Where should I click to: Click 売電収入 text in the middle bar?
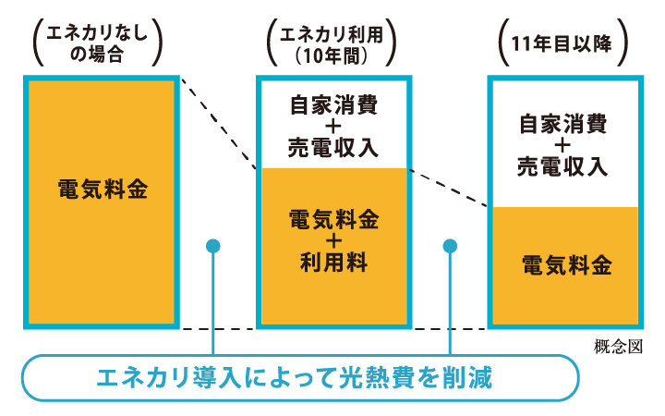click(x=333, y=147)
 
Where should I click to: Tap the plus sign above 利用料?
click(x=333, y=242)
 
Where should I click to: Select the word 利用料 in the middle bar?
click(x=333, y=263)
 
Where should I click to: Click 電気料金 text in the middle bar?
click(x=333, y=221)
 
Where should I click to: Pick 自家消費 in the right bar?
click(x=562, y=123)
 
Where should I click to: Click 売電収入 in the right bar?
click(x=562, y=166)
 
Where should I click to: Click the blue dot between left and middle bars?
click(x=213, y=246)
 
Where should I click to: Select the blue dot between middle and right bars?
click(x=451, y=246)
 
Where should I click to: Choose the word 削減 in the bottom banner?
click(x=467, y=376)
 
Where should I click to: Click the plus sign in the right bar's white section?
click(x=562, y=145)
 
